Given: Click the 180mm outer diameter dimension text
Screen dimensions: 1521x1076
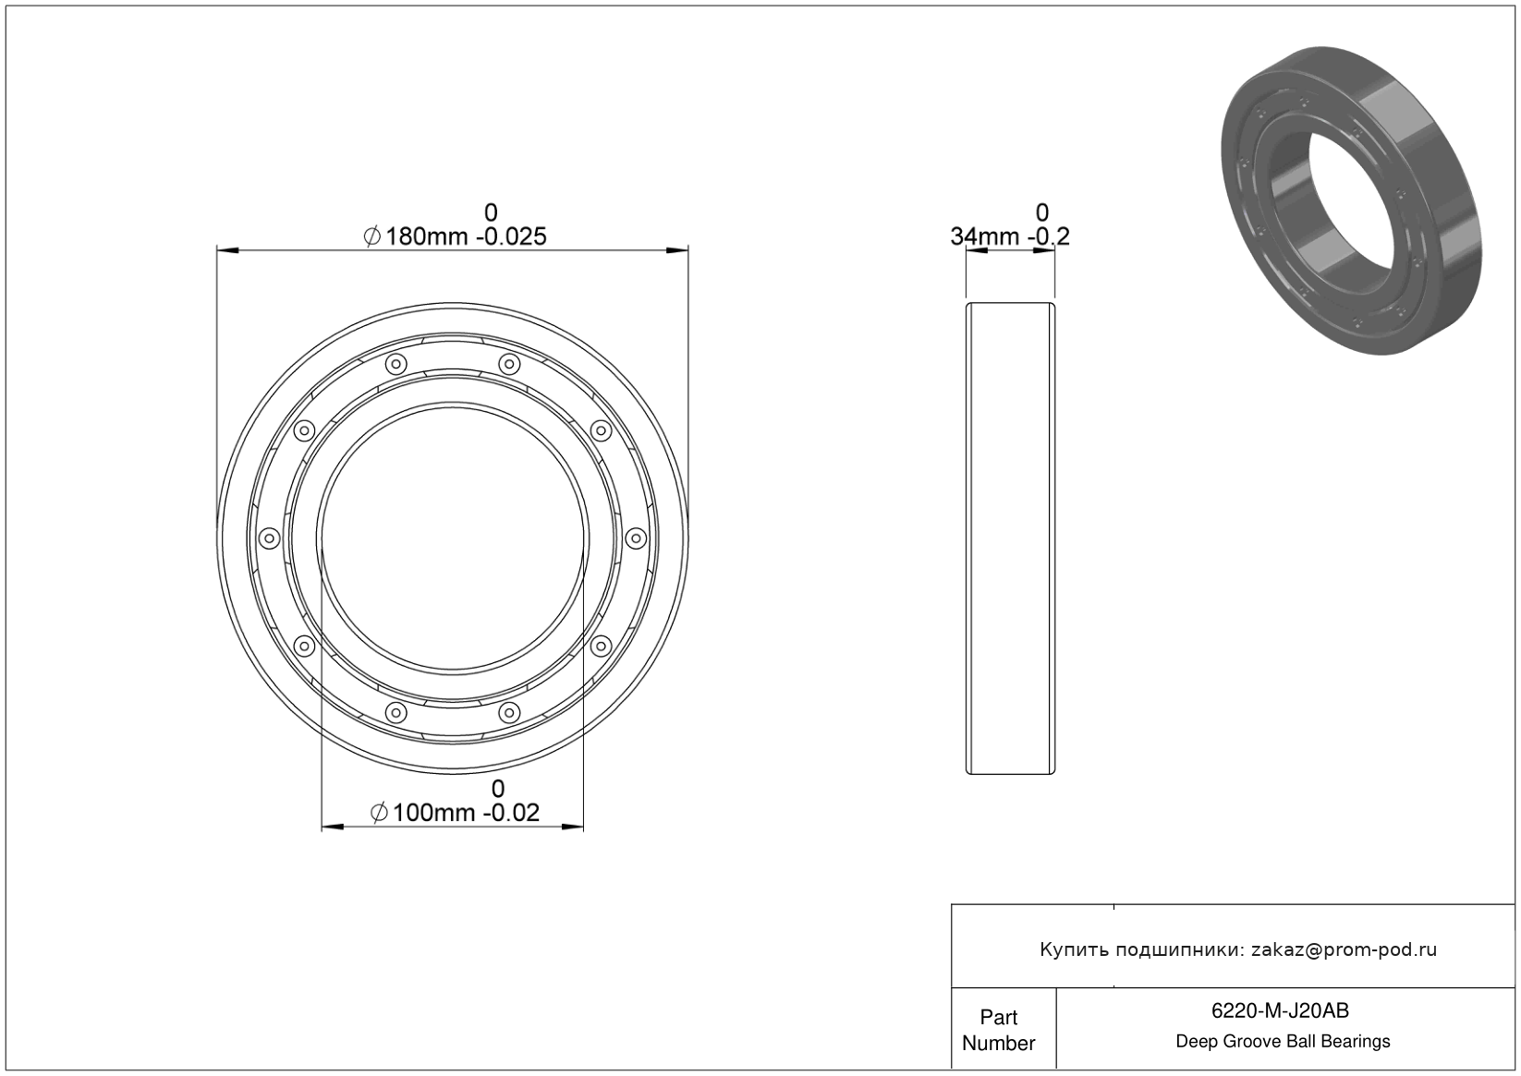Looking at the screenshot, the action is coord(426,237).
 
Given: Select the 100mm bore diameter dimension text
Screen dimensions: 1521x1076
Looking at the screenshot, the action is coord(433,813).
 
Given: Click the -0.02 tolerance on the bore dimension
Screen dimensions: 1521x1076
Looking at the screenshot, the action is coord(511,813).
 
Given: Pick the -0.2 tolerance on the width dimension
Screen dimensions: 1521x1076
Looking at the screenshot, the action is coord(1049,237).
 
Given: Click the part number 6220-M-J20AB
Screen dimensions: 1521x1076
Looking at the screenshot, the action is coord(1280,1010).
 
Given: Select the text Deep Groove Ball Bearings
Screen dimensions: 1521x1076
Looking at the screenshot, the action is coord(1283,1042).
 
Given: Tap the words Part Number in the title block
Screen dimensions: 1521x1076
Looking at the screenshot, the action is coord(998,1030).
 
